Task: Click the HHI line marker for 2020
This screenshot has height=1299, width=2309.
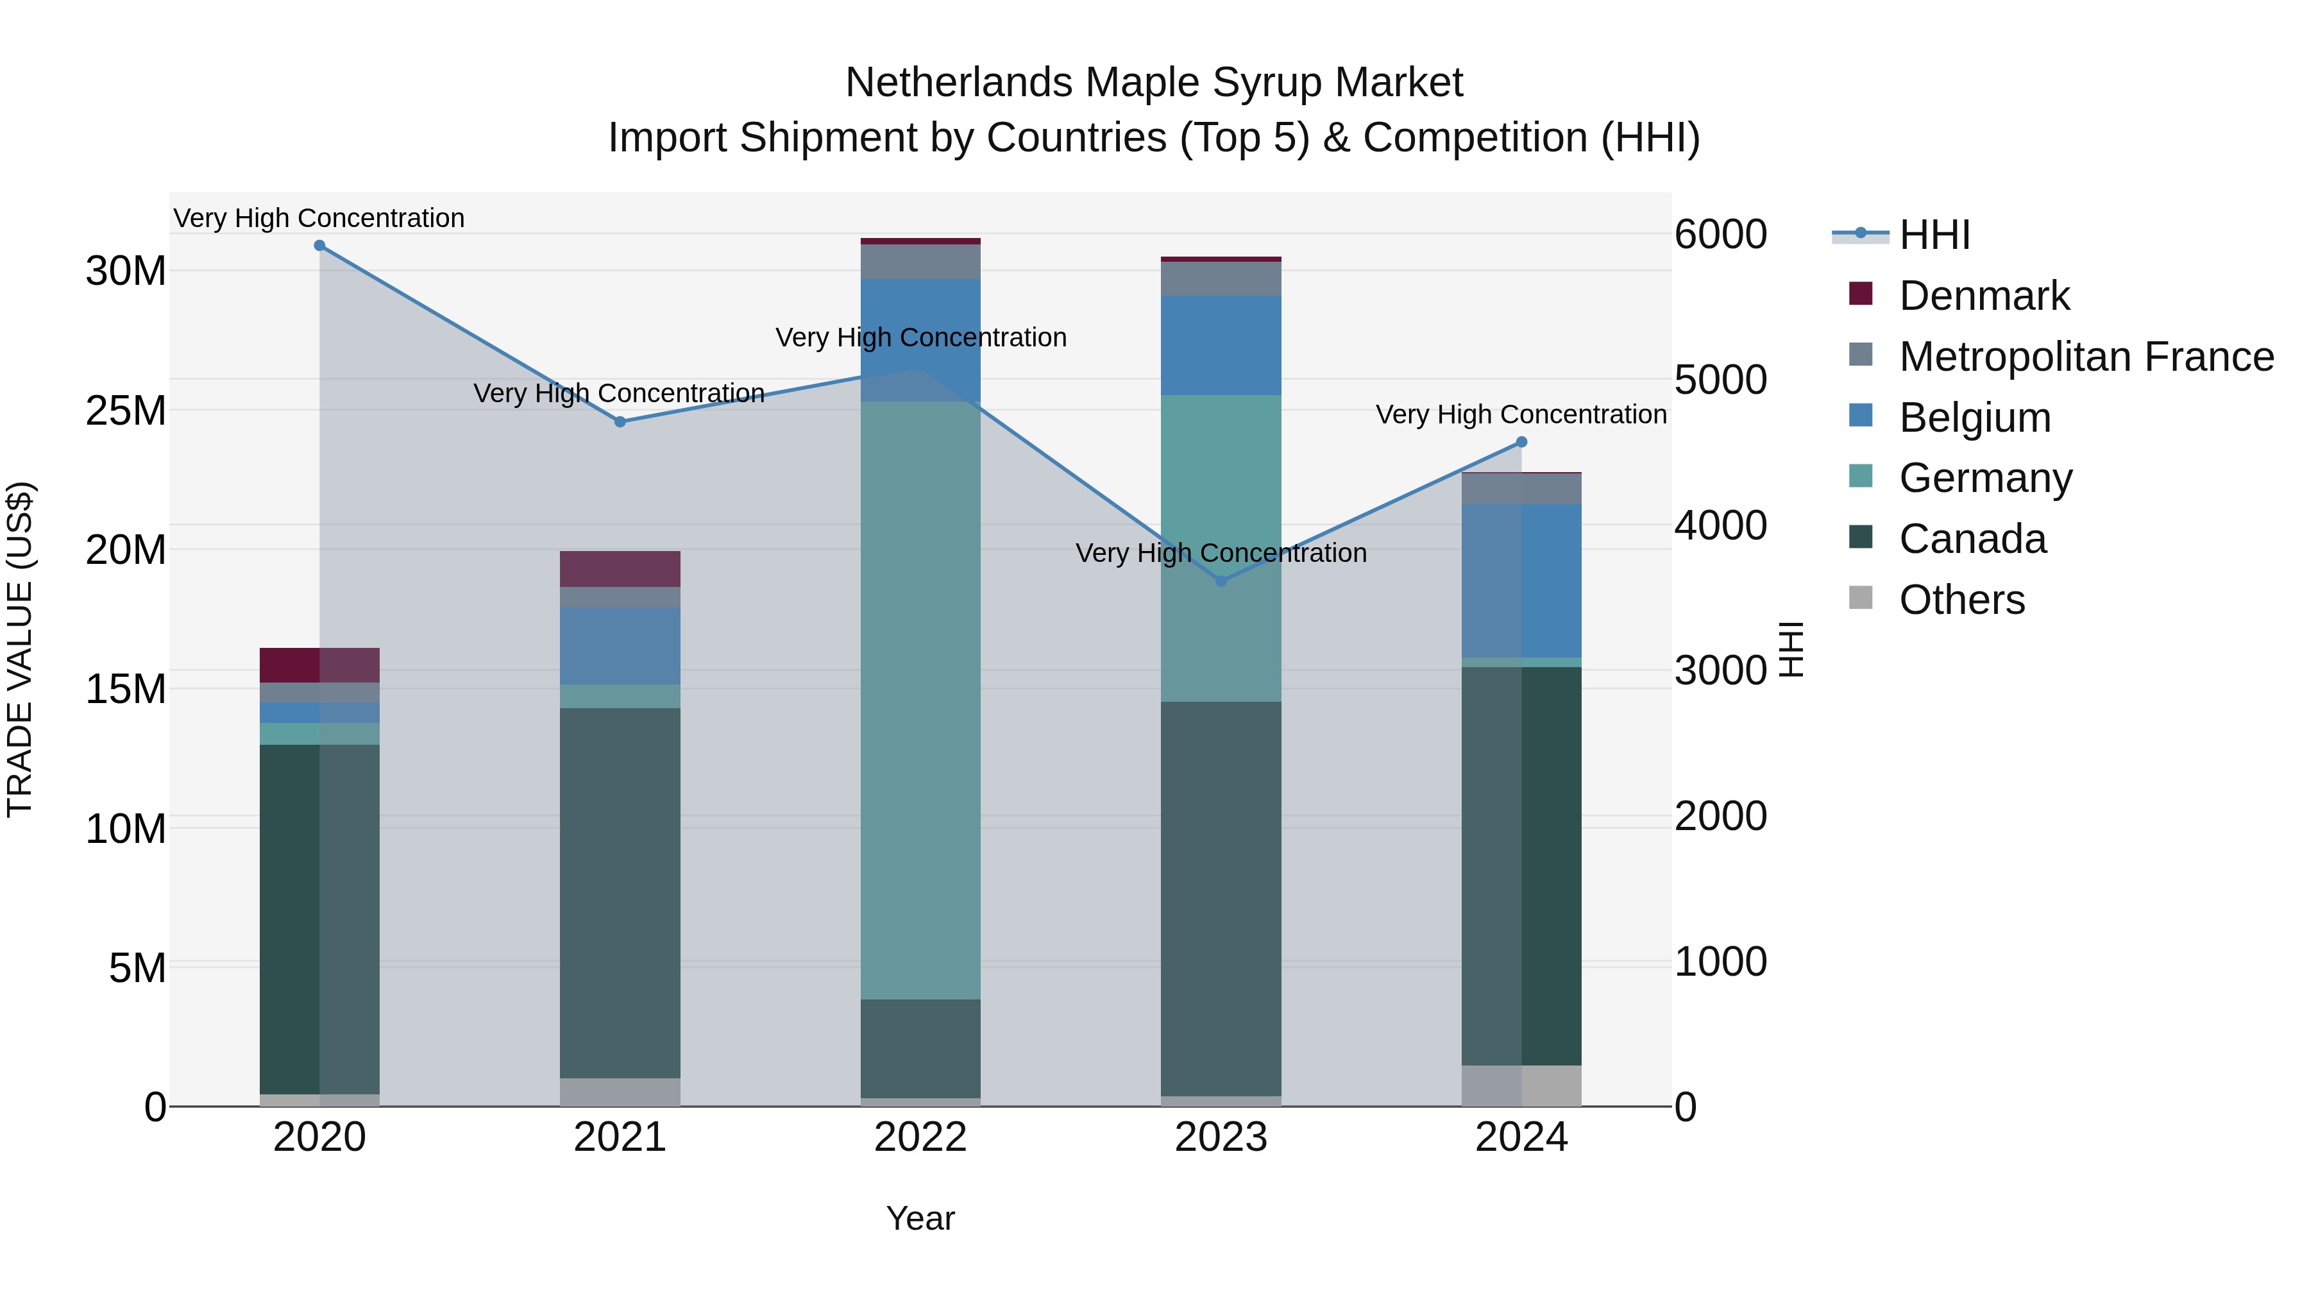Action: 319,246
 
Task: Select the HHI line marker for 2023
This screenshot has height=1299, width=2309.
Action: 1221,581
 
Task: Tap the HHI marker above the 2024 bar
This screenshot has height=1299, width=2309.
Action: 1521,442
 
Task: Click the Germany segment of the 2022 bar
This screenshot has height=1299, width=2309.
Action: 920,699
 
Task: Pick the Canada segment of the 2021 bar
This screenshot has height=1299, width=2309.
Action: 620,892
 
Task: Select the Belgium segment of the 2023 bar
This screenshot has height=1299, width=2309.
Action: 1221,345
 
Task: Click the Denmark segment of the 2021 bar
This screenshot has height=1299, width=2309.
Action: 620,568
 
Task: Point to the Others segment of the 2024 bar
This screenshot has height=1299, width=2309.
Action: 1521,1085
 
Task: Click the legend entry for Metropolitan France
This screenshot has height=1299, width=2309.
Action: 2086,357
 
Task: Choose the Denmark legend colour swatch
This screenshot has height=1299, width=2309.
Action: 1861,294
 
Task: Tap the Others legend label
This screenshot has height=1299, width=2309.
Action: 1961,600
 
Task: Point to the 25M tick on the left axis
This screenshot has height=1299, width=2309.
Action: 126,411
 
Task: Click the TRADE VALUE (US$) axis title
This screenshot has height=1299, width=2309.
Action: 20,649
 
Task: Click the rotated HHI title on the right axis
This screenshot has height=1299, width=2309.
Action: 1791,649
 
